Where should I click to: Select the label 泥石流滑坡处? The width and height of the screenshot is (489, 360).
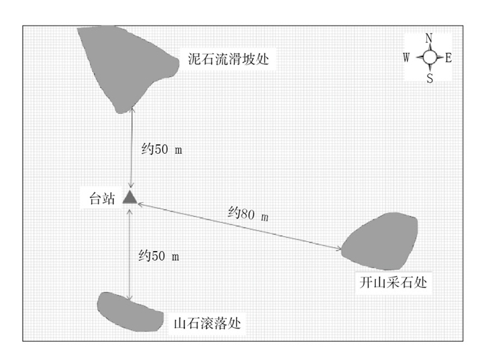228,59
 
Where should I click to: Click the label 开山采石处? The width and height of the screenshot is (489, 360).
391,282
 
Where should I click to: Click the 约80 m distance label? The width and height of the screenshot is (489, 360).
248,213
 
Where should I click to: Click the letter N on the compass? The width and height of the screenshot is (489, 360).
430,38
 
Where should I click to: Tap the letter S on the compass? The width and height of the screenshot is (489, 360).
430,79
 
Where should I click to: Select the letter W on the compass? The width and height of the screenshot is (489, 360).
407,58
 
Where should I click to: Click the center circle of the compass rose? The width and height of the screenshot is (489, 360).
430,58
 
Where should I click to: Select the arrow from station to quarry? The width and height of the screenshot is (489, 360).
238,226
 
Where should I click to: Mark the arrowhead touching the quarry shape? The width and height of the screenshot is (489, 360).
339,248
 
